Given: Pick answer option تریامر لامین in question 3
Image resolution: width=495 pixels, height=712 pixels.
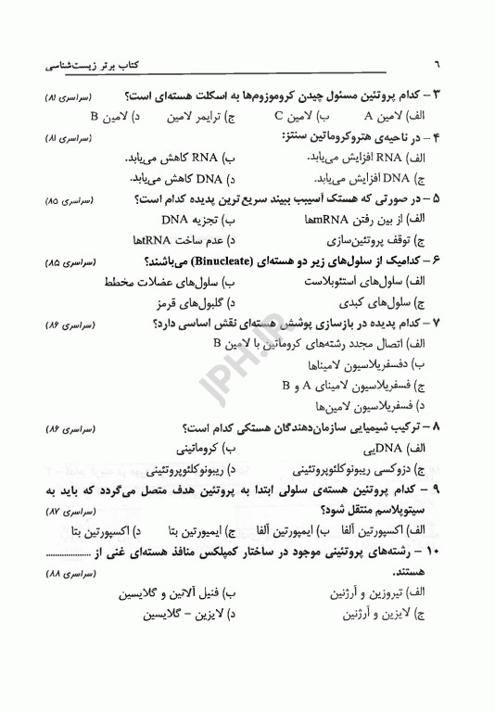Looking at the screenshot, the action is tap(208, 117).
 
